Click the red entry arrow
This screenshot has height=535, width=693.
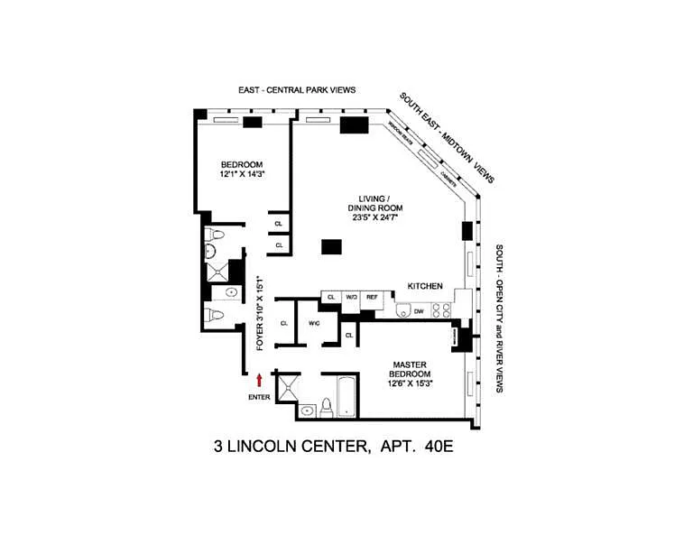259,381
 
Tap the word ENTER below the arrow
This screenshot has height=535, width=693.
259,397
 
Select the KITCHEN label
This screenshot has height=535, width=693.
425,285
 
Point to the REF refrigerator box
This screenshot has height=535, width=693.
371,296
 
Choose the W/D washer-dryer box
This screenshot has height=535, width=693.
351,296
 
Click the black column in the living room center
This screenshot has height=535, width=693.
331,245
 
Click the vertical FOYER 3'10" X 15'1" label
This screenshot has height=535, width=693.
260,312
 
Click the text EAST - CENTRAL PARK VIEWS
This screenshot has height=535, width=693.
298,90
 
